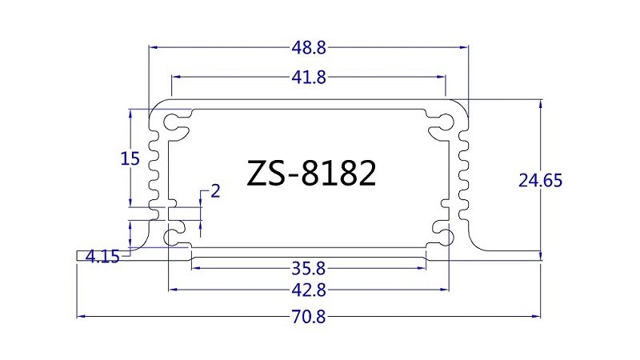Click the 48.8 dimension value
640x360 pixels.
(x=309, y=48)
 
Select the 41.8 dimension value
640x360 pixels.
(x=309, y=77)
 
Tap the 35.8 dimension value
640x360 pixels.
(x=308, y=269)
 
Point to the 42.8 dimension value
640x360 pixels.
(x=309, y=290)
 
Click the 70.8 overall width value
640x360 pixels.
(x=309, y=316)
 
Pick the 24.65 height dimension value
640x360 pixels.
(x=541, y=180)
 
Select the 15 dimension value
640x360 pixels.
(x=130, y=158)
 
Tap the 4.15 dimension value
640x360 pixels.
(x=102, y=257)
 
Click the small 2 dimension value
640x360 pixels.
(x=215, y=191)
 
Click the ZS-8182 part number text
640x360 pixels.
(x=311, y=173)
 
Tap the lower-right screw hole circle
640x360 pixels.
(x=446, y=237)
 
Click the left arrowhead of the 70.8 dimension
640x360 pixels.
(x=81, y=316)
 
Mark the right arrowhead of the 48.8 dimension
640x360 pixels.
(x=464, y=47)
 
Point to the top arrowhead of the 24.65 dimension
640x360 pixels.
(x=541, y=104)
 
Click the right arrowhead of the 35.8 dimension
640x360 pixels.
(x=422, y=268)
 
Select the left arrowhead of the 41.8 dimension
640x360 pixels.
(x=176, y=76)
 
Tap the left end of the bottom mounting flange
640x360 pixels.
(x=77, y=255)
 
